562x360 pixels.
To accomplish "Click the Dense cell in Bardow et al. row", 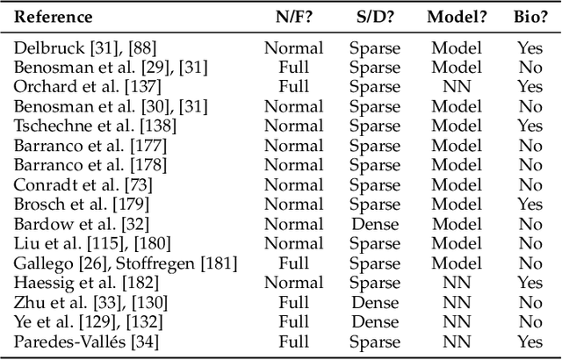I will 374,223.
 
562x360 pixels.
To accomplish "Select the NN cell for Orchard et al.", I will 457,87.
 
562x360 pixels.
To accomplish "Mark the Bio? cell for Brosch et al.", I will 530,204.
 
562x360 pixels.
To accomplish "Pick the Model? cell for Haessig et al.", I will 457,282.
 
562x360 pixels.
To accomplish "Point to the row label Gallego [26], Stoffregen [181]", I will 115,263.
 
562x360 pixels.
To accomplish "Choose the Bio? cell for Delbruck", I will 530,48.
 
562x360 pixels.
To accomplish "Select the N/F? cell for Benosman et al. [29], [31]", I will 293,68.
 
